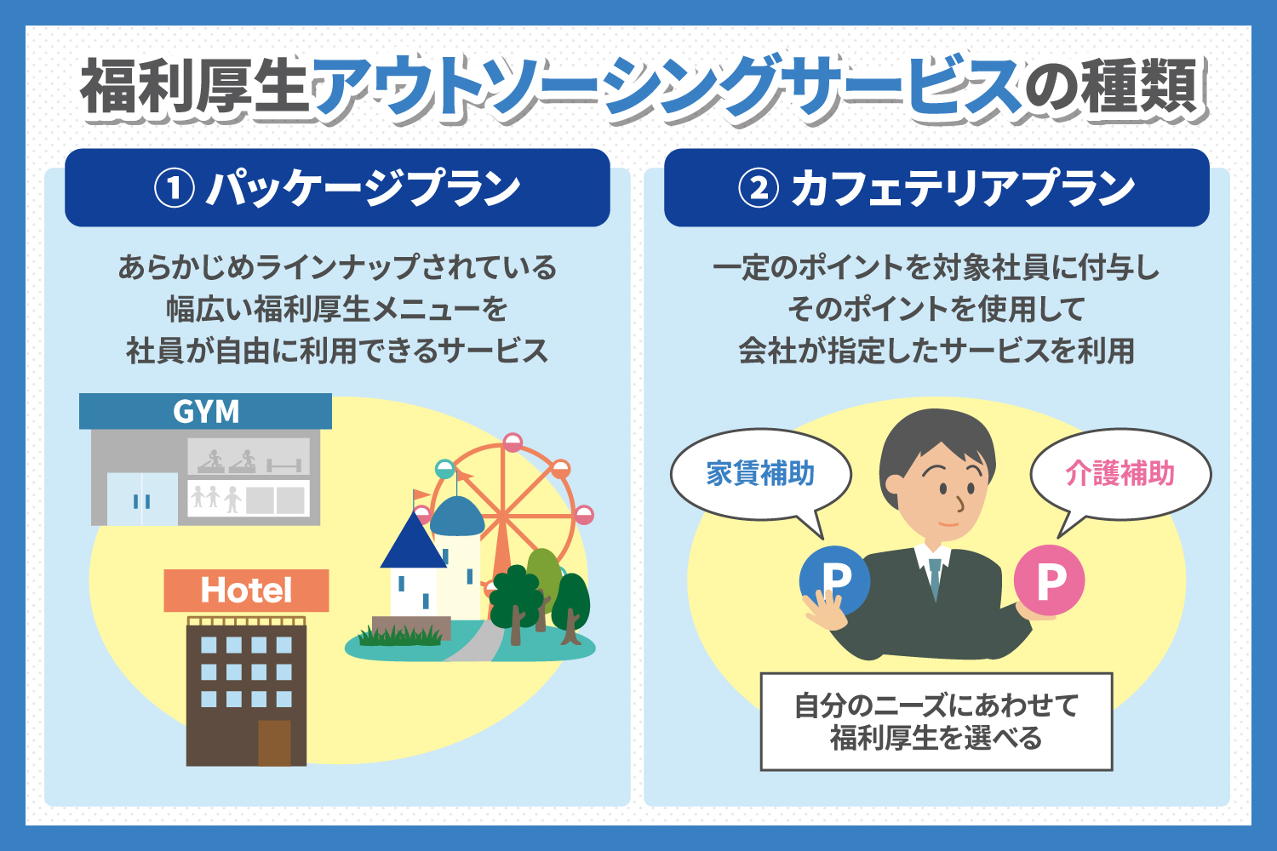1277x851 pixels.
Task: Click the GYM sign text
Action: [206, 412]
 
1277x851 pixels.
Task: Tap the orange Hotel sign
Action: [246, 591]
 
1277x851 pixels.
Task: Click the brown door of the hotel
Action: [274, 743]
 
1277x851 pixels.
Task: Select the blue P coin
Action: [834, 580]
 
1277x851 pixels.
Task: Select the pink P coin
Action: [1049, 580]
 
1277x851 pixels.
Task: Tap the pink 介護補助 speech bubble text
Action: [1120, 474]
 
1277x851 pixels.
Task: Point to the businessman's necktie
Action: [935, 579]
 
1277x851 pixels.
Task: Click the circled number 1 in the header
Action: [175, 189]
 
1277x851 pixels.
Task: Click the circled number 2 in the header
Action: [759, 189]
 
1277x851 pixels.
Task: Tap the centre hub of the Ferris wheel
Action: [503, 517]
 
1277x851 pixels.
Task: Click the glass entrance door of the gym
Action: [142, 499]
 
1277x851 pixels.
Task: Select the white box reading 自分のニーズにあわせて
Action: [936, 722]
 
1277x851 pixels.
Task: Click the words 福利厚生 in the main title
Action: [195, 87]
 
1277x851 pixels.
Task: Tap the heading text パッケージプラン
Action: [364, 188]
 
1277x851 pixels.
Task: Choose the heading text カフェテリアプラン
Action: [963, 188]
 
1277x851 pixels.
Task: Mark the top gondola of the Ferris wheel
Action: [513, 443]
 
